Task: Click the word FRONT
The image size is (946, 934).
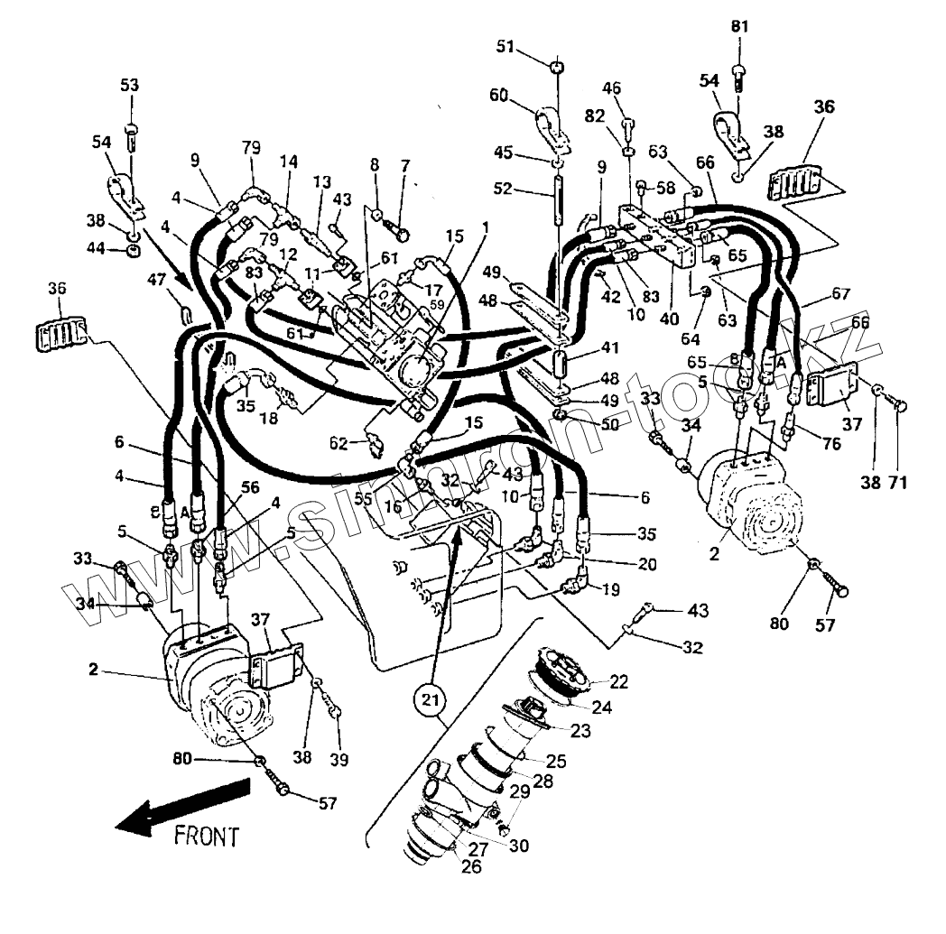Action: tap(207, 836)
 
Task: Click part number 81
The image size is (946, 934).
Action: tap(740, 27)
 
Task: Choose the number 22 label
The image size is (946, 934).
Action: tap(618, 681)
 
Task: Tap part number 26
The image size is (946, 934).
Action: tap(471, 867)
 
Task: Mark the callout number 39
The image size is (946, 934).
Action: tap(339, 759)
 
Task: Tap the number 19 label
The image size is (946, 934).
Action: tap(610, 592)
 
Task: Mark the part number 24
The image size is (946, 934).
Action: tap(601, 707)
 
